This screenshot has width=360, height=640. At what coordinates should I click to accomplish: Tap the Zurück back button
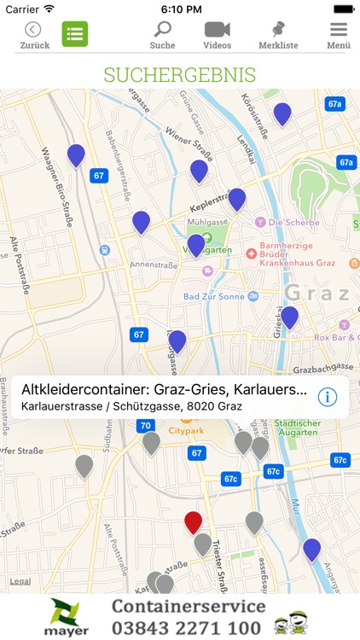point(34,35)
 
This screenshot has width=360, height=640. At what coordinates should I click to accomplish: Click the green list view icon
point(75,35)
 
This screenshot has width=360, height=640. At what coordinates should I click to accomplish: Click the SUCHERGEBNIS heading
point(180,74)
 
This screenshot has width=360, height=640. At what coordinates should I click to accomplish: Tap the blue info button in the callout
point(328,397)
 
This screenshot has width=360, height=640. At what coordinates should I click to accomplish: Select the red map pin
point(194,522)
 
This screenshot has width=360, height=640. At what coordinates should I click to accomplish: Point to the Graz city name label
point(316,294)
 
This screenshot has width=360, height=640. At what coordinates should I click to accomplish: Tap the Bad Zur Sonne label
point(213,295)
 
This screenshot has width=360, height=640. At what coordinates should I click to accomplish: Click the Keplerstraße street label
point(199,210)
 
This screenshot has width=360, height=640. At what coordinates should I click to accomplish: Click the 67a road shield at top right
point(335,104)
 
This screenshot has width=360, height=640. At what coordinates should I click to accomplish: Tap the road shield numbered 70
point(146,426)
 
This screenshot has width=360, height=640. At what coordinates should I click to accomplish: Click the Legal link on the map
point(20,581)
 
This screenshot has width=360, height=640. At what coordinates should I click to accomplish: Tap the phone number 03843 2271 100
point(187,628)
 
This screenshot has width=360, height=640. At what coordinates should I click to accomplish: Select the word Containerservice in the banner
point(189,607)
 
